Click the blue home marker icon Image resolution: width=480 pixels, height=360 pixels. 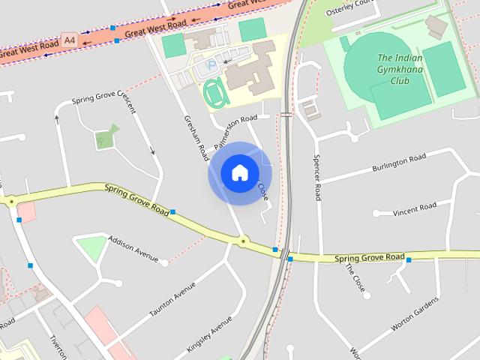[x=239, y=173]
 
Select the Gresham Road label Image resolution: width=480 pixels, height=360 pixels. [x=195, y=138]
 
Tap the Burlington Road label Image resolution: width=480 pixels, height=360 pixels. [x=399, y=163]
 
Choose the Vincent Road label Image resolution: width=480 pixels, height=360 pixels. [x=414, y=208]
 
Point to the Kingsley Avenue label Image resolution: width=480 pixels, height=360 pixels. [x=209, y=334]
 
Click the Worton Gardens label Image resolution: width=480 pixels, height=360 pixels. [x=415, y=315]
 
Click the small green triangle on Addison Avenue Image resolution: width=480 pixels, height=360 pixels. [x=92, y=248]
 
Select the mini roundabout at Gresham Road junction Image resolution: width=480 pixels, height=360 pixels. [x=243, y=241]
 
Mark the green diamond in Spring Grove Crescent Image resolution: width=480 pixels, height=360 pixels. [x=106, y=136]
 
